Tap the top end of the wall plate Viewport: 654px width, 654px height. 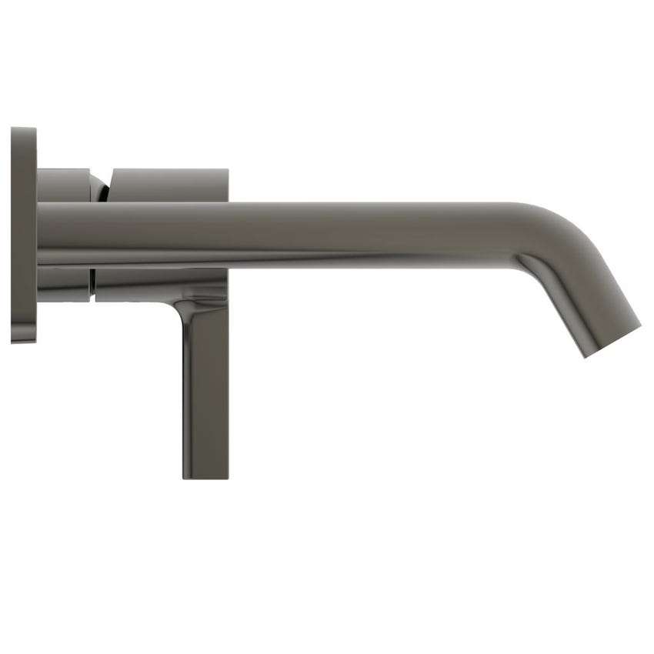click(x=23, y=132)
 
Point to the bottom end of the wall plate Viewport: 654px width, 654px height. click(x=23, y=339)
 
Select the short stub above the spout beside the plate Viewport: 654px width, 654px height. click(x=63, y=185)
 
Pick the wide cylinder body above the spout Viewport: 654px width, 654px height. click(x=170, y=185)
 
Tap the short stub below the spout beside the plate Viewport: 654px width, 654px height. click(x=63, y=282)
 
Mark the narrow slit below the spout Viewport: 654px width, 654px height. click(x=93, y=284)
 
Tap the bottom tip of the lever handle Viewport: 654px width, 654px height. click(x=204, y=475)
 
